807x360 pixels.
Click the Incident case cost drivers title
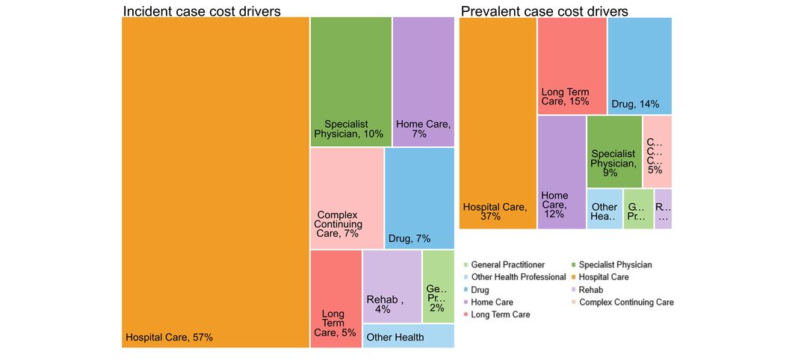(202, 11)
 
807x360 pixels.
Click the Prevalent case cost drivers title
(544, 11)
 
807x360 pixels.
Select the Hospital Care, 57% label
(169, 338)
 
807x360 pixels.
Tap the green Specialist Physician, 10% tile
(350, 81)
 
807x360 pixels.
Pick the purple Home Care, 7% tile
(423, 81)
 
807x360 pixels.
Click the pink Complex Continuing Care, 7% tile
(346, 198)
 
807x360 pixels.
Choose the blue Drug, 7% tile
(419, 198)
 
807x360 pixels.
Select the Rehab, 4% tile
(392, 287)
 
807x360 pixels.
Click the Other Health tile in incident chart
(408, 337)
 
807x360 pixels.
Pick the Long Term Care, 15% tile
(572, 66)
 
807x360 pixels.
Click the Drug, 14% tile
(639, 66)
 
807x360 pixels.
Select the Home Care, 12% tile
(561, 172)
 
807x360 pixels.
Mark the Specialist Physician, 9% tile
(613, 152)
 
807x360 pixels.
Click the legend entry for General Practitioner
(507, 264)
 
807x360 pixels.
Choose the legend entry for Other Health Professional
(518, 277)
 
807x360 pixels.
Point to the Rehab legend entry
(590, 290)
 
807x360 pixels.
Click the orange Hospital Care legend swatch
(573, 277)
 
